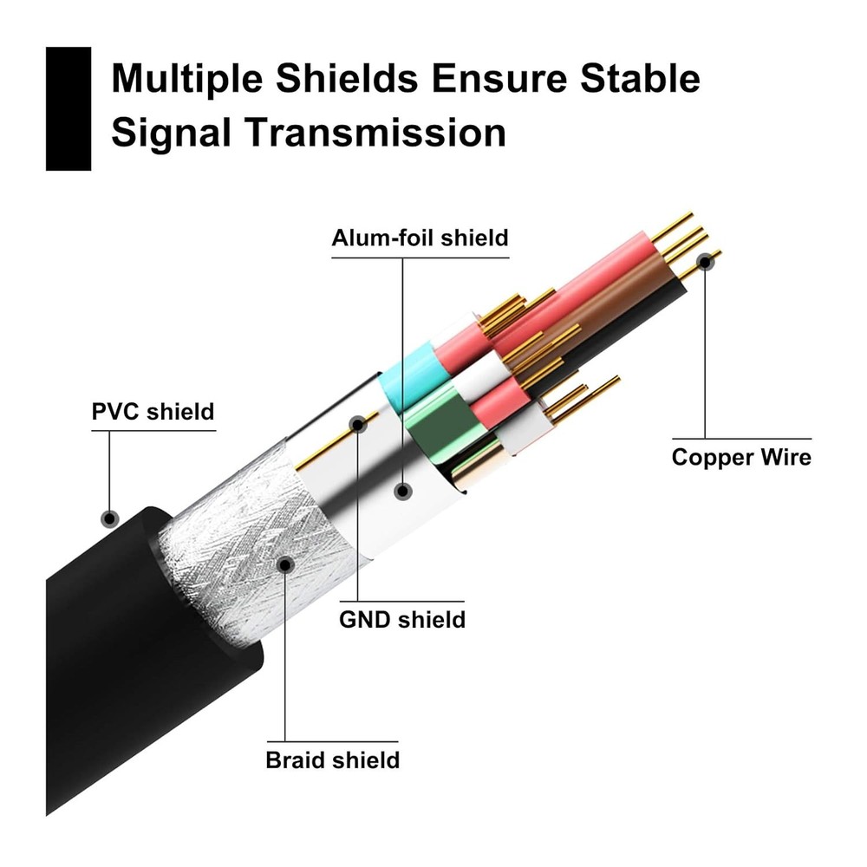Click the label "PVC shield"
153,411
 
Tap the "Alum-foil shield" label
420,237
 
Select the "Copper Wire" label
741,457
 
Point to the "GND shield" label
401,619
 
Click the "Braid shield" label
332,760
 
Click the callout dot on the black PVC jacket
109,518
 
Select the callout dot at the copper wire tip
706,259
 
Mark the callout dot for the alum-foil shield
401,491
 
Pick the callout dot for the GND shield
358,424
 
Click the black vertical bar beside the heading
68,108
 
